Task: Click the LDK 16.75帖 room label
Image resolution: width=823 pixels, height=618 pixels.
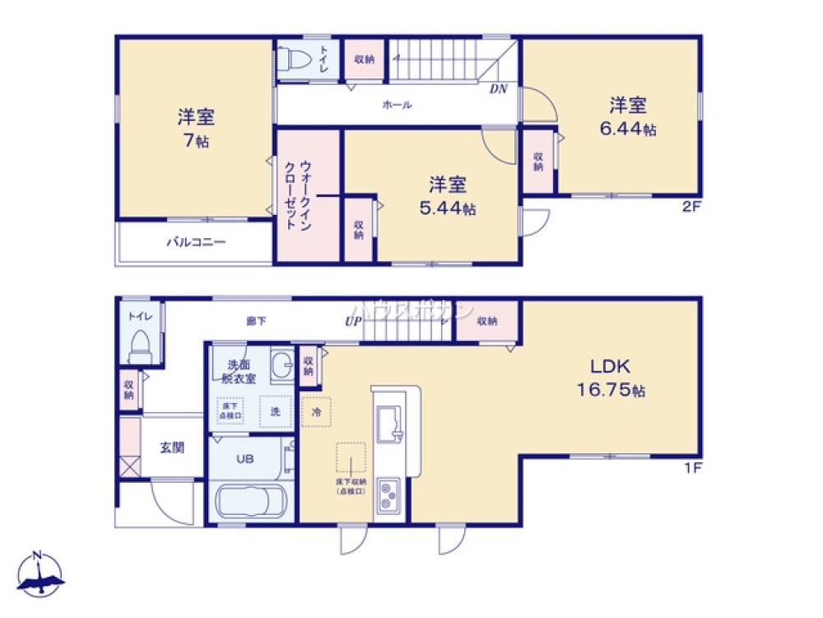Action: (x=615, y=378)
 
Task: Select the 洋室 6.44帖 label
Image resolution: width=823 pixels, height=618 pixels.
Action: (x=628, y=116)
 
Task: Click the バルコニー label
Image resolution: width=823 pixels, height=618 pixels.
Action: (x=197, y=242)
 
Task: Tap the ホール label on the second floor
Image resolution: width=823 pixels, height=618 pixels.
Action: (x=397, y=105)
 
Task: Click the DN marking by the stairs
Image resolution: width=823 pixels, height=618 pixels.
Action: (x=498, y=90)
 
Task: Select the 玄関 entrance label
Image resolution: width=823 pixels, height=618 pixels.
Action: (x=172, y=447)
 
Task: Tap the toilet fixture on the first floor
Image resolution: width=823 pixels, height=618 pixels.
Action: (x=141, y=346)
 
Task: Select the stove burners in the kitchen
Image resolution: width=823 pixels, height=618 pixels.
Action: (x=387, y=494)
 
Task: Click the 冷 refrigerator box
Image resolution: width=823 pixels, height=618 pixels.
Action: (x=316, y=410)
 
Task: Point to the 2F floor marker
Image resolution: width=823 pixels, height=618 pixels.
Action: (x=690, y=207)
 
